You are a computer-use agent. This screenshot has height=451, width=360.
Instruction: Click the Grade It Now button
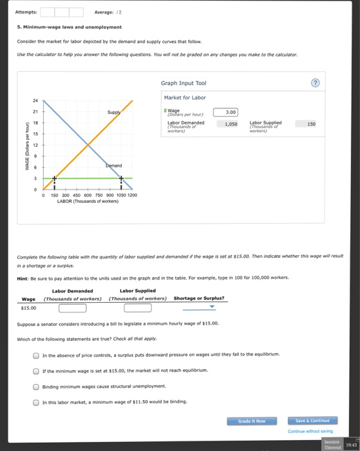(x=252, y=421)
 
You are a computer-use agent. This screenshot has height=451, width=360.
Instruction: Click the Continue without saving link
(x=310, y=431)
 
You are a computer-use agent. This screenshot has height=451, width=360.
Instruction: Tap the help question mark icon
(x=314, y=84)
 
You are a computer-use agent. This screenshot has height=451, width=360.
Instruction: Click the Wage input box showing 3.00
(x=226, y=111)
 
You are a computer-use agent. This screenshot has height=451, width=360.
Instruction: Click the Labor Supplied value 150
(x=311, y=124)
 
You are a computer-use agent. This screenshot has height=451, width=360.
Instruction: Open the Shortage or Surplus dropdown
(x=199, y=307)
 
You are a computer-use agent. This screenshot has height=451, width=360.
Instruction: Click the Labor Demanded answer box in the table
(x=73, y=307)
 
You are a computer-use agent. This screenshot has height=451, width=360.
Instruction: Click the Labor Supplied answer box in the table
(x=137, y=307)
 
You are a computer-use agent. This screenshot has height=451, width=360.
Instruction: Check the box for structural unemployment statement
(x=36, y=387)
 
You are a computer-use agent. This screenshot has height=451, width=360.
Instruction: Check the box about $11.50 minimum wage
(x=36, y=402)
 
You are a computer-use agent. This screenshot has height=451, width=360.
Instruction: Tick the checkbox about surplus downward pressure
(x=36, y=355)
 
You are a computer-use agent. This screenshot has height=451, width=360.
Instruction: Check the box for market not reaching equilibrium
(x=36, y=370)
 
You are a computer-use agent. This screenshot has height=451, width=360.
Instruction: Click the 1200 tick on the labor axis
(x=132, y=195)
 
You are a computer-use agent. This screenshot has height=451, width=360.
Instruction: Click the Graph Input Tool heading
(x=184, y=83)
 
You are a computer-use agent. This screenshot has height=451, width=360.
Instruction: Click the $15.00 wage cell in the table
(x=29, y=307)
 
